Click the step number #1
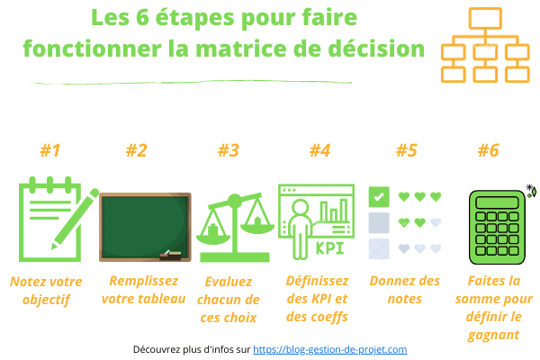coord(50,150)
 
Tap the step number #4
coord(319,150)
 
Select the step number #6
coord(489,150)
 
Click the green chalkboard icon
coord(145,227)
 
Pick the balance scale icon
coord(235,228)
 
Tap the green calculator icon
coord(497,228)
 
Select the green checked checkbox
coord(379,197)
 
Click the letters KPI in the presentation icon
coord(330,248)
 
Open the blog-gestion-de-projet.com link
coord(330,349)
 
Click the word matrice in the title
coord(240,49)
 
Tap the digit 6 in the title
coord(142,17)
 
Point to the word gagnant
coord(493,335)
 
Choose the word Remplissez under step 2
coord(144,281)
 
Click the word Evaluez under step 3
coord(229,282)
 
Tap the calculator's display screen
coord(497,202)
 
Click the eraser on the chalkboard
coord(170,255)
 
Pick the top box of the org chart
coord(485,18)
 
